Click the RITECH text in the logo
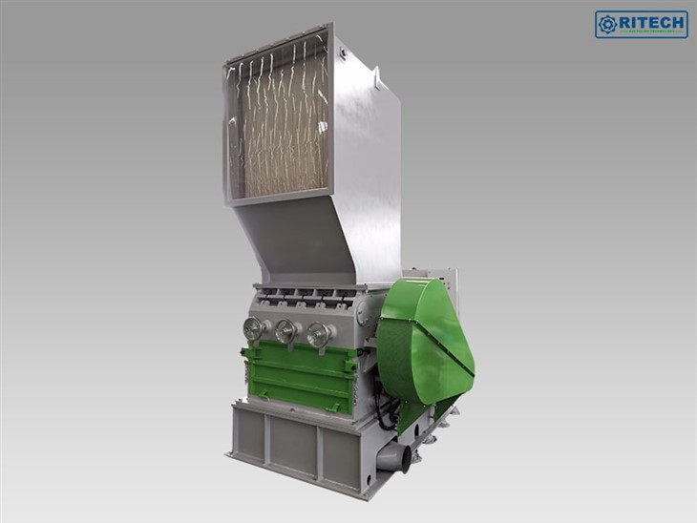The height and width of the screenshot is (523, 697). point(651,21)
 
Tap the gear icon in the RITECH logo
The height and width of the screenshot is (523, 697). point(607,24)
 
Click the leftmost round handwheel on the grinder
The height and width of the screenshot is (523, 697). point(253,328)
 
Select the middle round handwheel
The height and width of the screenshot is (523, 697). point(285,331)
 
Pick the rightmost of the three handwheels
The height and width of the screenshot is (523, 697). point(318,335)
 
